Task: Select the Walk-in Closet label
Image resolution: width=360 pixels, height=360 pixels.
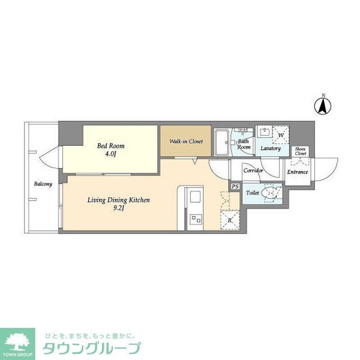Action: tap(185, 142)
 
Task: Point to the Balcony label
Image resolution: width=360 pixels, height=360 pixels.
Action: tap(43, 184)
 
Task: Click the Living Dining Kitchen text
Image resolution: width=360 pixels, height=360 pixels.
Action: tap(118, 200)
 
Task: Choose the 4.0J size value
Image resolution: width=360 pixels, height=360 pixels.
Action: tap(110, 154)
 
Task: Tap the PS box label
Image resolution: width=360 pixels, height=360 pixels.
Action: tap(235, 187)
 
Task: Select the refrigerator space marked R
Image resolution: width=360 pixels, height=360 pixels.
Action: tap(230, 220)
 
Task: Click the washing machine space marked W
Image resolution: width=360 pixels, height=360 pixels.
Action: tap(280, 134)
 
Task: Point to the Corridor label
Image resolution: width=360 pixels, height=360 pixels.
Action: tap(253, 171)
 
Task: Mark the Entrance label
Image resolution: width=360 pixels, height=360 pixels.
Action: tap(297, 172)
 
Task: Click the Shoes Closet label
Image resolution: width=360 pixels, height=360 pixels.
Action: tap(300, 151)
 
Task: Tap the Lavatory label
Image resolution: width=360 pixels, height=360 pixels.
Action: tap(270, 148)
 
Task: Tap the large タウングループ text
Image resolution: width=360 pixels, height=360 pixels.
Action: tap(91, 349)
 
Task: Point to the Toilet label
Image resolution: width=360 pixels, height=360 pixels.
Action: tap(252, 194)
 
